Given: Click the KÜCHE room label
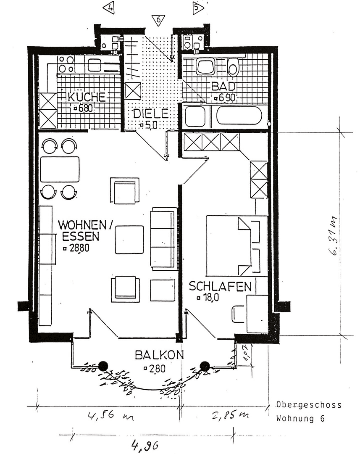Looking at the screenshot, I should tap(87, 97).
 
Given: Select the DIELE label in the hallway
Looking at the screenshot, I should tap(151, 113).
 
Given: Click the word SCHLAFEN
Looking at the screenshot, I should tap(220, 287).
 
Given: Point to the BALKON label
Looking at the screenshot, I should tap(159, 355).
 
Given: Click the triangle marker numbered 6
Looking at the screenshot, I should tap(158, 20).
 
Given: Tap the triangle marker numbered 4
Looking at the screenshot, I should tap(109, 8).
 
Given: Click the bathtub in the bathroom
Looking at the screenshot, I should tap(239, 115).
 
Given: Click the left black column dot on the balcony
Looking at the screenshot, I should tap(103, 366).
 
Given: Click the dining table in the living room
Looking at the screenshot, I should tap(60, 169).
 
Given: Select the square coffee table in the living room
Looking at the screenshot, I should tap(129, 240).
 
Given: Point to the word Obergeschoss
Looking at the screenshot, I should tap(309, 405).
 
